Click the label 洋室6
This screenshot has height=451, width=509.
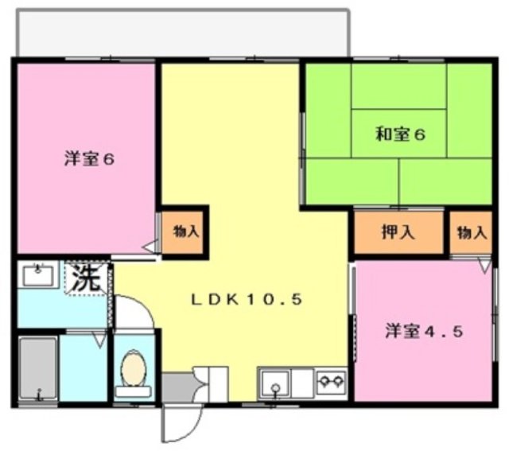click(90, 158)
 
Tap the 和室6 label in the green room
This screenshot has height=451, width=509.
click(400, 134)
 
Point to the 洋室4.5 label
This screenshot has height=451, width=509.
click(425, 330)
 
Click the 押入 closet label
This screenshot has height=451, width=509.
click(398, 232)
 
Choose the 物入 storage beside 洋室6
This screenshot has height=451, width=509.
click(186, 232)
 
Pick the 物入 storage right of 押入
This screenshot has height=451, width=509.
click(472, 232)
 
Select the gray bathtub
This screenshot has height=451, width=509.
click(37, 369)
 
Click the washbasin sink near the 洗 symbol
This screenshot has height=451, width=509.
click(37, 275)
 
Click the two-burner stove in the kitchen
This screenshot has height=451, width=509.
click(331, 381)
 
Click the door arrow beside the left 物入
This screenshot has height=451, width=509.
click(149, 248)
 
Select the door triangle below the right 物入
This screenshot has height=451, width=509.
click(484, 266)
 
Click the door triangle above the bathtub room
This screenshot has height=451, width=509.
click(98, 340)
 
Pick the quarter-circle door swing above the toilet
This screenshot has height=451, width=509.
click(134, 313)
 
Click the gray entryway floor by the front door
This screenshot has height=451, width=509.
click(177, 387)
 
